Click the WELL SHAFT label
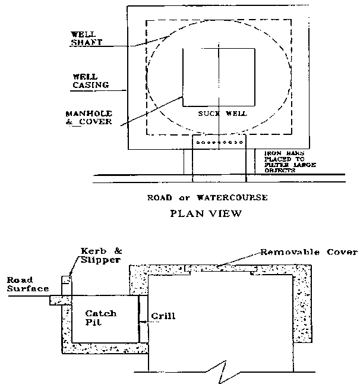87,39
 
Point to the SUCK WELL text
220,113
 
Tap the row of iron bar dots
220,143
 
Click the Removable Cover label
309,251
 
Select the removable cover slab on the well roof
222,269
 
